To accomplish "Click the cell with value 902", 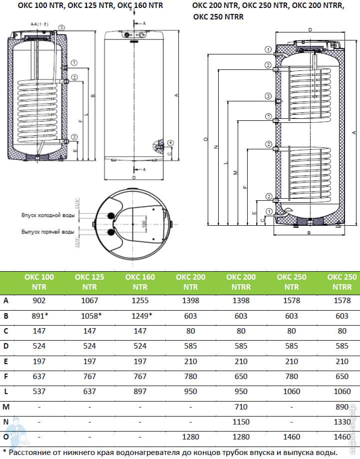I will tap(38, 301).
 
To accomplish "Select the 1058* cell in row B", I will tap(89, 316).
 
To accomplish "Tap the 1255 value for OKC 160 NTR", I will tap(140, 301).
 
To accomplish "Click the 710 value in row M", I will tap(241, 408).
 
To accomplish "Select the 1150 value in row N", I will tap(241, 423).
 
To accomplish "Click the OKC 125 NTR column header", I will tap(89, 282).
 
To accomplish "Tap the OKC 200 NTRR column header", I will tap(241, 282).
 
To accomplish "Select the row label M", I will tap(6, 408).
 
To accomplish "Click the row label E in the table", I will tap(6, 362).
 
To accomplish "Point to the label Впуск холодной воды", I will tap(48, 215).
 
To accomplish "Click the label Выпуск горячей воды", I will tap(48, 232).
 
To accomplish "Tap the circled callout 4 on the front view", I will tap(171, 142).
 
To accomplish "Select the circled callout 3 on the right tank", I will tap(268, 96).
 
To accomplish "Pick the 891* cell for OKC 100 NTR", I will tap(38, 316).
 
